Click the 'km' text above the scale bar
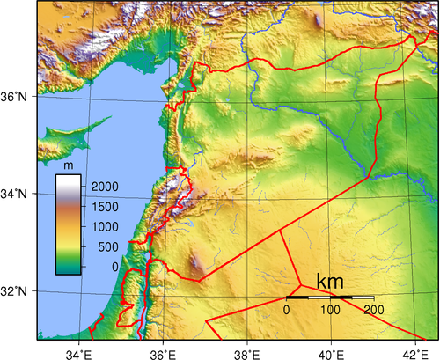pos(330,283)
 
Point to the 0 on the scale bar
pos(287,311)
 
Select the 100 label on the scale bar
pos(330,311)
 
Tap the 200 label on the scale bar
pos(373,311)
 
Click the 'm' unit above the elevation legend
pos(67,165)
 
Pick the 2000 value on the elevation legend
pos(104,187)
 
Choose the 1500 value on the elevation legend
pos(104,207)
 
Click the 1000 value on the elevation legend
pos(104,227)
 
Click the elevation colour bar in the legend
pos(70,224)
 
